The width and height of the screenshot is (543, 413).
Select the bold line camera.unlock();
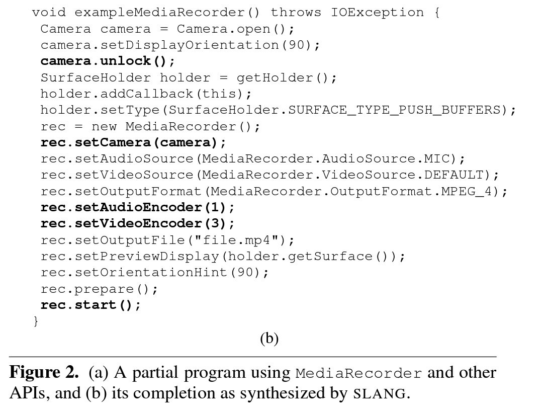[108, 61]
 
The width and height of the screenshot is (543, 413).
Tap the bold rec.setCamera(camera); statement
[133, 143]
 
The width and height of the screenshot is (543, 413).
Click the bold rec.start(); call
[91, 305]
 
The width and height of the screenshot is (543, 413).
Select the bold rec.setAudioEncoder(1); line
[138, 207]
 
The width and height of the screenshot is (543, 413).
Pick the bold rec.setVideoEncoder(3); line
[138, 223]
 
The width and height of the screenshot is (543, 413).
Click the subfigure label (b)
[269, 339]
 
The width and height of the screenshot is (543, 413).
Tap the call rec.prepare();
[100, 289]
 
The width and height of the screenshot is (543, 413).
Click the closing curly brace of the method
[35, 320]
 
